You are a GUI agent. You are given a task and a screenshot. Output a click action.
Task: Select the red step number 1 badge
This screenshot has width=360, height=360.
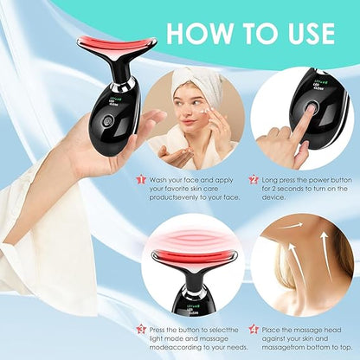(140, 179)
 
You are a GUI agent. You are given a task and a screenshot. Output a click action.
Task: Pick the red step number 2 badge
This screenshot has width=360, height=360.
(254, 179)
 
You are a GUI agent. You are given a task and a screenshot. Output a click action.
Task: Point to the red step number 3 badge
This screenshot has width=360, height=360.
(140, 329)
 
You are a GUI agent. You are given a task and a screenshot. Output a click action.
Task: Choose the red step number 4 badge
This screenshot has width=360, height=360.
(254, 329)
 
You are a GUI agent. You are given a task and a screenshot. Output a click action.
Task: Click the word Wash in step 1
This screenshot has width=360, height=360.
(162, 179)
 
